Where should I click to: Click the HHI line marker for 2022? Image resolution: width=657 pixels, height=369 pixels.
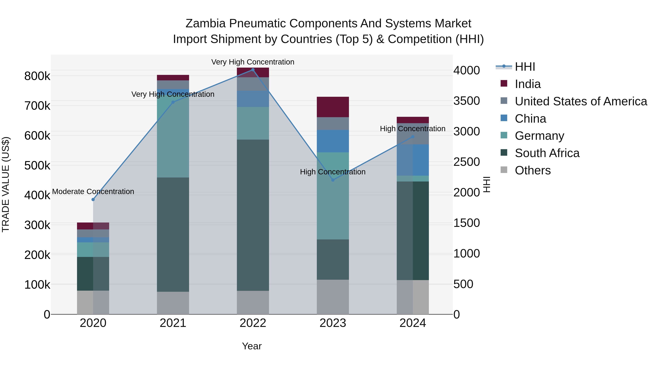(253, 70)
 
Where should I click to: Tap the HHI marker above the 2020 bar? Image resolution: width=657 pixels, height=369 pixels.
(93, 200)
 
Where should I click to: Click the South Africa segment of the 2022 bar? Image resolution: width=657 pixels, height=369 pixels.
(253, 215)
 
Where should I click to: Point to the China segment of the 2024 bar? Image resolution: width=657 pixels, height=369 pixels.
(413, 160)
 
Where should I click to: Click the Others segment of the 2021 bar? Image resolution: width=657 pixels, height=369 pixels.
(173, 303)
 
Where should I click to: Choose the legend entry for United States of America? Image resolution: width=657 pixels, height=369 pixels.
(581, 101)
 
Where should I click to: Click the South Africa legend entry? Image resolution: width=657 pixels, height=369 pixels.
(547, 153)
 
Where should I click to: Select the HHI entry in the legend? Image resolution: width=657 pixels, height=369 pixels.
(525, 67)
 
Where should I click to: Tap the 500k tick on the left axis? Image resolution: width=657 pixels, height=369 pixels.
(37, 165)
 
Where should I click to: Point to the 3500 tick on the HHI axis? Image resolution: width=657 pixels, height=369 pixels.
(466, 101)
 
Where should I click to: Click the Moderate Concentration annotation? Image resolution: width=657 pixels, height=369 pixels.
(93, 192)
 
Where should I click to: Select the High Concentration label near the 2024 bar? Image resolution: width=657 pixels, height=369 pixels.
(413, 129)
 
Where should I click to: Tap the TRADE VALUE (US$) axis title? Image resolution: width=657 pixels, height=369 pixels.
(6, 184)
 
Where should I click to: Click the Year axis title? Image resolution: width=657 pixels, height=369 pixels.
(252, 346)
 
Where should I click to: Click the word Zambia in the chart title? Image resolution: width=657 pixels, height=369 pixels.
(205, 24)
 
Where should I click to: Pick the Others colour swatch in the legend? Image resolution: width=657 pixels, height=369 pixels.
(504, 170)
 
